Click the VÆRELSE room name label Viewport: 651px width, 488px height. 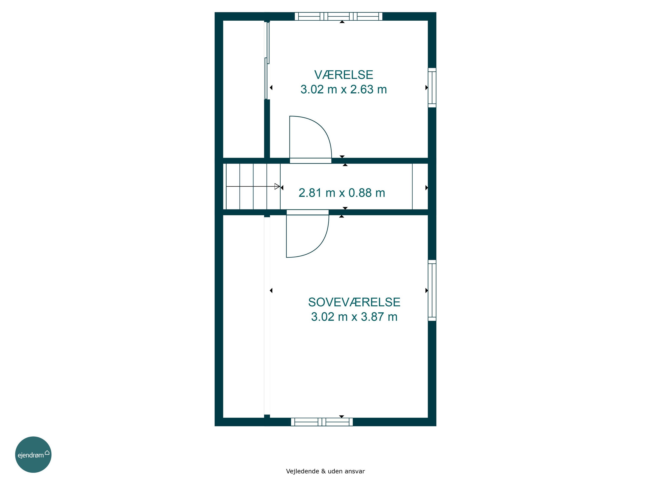point(344,75)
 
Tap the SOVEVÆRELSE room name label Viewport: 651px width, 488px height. point(354,302)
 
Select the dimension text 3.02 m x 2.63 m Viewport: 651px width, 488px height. point(344,89)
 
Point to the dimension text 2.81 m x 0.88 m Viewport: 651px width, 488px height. point(342,193)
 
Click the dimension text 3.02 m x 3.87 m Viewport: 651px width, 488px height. point(354,317)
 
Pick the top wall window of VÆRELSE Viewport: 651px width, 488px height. point(339,16)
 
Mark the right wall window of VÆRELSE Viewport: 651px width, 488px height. point(432,88)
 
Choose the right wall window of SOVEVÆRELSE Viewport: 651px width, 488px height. point(432,290)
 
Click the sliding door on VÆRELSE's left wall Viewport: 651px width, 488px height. point(267,60)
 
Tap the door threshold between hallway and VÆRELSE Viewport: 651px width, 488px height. point(311,161)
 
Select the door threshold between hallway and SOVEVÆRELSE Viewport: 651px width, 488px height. point(307,212)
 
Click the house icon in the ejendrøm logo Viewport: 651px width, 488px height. point(47,452)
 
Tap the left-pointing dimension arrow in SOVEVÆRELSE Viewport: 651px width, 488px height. point(271,291)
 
